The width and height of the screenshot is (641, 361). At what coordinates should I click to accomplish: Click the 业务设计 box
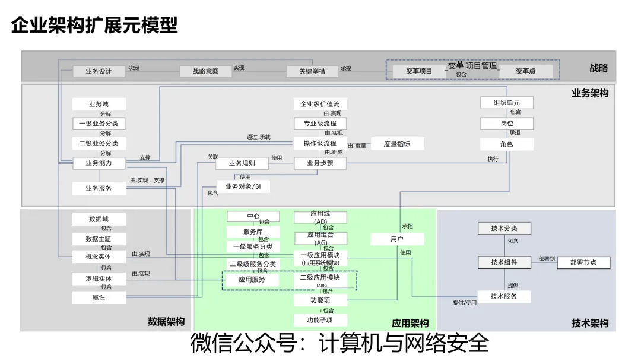pos(99,71)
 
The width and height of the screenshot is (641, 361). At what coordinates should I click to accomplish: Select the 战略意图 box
pos(205,71)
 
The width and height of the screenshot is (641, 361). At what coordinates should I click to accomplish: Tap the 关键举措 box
pos(312,71)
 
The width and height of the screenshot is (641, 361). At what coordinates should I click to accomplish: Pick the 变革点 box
pos(525,71)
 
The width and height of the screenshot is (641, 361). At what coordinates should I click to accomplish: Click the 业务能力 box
pos(99,163)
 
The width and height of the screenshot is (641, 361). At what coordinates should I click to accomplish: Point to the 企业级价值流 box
pos(320,104)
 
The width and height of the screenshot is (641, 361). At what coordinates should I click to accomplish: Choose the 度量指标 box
pos(397,144)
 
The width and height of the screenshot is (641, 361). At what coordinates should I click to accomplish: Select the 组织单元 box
pos(506,103)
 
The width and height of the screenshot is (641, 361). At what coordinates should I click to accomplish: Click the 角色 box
pos(506,144)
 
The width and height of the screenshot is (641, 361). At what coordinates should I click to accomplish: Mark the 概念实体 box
pos(99,256)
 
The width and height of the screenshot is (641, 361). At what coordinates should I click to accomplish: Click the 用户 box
pos(397,239)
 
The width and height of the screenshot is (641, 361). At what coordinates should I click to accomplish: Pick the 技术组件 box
pos(504,262)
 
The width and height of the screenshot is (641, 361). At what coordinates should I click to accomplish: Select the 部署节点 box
pos(583,262)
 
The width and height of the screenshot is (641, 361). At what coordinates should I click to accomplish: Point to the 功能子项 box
pos(320,320)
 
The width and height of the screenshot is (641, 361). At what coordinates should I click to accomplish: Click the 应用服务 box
pos(252,279)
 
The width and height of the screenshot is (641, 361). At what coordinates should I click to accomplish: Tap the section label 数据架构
pos(166,322)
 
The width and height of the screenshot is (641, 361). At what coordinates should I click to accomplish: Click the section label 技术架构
pos(590,323)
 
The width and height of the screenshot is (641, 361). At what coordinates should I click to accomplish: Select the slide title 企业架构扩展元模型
pos(95,25)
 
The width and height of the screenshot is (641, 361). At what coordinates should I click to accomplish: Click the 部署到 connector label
pos(547,259)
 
